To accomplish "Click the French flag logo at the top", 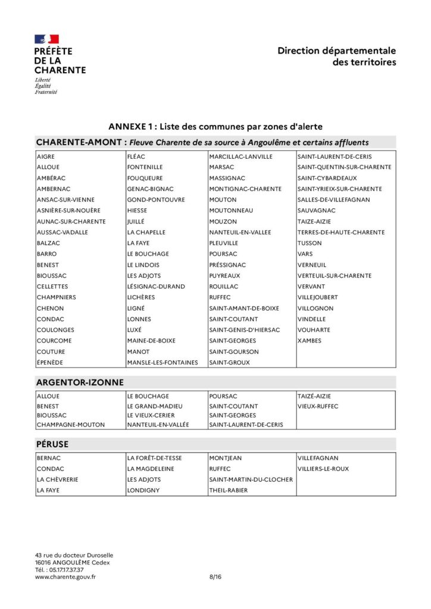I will pyautogui.click(x=46, y=39).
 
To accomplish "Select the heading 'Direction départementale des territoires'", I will pyautogui.click(x=336, y=56).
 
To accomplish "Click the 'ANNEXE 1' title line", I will pyautogui.click(x=215, y=127).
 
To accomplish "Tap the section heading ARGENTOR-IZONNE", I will pyautogui.click(x=80, y=382).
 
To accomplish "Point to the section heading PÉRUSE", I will pyautogui.click(x=52, y=444).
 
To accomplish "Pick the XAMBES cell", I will pyautogui.click(x=310, y=341).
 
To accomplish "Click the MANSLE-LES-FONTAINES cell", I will pyautogui.click(x=162, y=362).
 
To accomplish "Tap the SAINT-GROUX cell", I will pyautogui.click(x=229, y=362).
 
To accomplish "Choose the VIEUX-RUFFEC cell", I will pyautogui.click(x=318, y=406).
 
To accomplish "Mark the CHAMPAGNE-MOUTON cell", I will pyautogui.click(x=70, y=425).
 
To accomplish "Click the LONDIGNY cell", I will pyautogui.click(x=143, y=491).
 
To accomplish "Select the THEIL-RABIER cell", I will pyautogui.click(x=228, y=491).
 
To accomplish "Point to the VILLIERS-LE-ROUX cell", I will pyautogui.click(x=323, y=469).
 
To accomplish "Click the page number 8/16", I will pyautogui.click(x=215, y=577).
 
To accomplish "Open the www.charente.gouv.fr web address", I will pyautogui.click(x=65, y=577).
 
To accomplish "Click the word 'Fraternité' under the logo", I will pyautogui.click(x=46, y=92).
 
